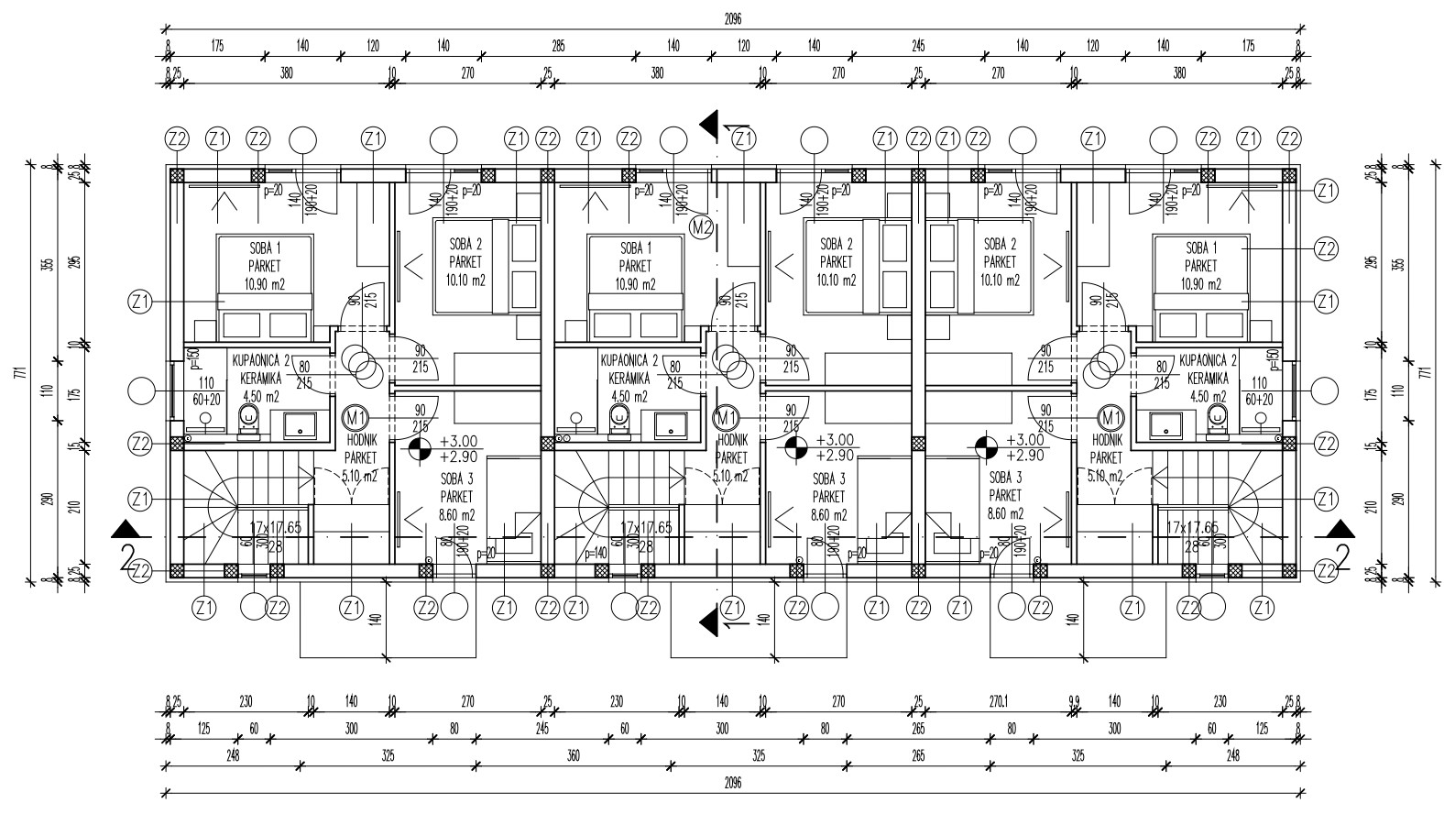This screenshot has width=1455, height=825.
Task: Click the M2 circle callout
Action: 702,226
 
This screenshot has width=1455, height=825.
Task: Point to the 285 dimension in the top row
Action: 558,45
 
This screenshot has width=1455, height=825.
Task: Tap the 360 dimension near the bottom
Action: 574,756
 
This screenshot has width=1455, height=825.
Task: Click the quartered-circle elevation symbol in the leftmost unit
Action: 419,448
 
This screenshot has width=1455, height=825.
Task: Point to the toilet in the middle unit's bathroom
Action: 620,420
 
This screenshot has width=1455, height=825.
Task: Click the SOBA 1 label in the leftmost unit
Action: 265,247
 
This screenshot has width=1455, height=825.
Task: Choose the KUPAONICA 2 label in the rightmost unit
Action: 1208,361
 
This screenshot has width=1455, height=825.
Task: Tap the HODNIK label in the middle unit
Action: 730,441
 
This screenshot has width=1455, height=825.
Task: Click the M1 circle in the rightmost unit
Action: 1110,418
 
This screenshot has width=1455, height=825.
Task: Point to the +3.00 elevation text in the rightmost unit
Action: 1025,440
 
